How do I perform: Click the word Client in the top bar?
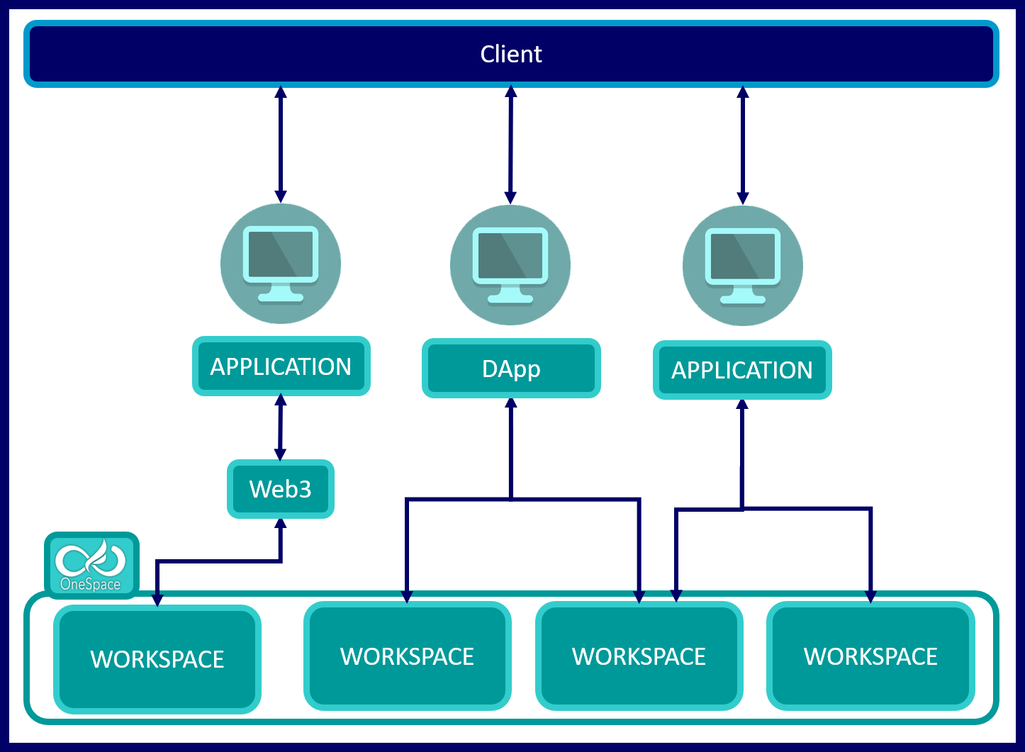pos(510,54)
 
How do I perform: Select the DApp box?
pos(511,369)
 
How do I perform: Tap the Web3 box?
pos(281,489)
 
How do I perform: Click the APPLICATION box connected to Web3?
pos(281,366)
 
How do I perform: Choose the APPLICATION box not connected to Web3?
pos(742,370)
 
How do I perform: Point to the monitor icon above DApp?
pos(510,265)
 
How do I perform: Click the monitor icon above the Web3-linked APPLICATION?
pos(281,264)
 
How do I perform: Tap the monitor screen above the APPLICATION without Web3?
pos(743,256)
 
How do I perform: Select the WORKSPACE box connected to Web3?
pos(157,659)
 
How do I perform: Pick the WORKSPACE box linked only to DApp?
pos(408,656)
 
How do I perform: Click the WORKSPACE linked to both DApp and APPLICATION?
pos(639,656)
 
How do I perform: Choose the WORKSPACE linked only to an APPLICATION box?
pos(870,656)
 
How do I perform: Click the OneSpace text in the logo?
pos(90,584)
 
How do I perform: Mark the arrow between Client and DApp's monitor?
pos(510,145)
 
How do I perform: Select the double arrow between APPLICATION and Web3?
pos(281,427)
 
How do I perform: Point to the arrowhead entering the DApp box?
pos(510,403)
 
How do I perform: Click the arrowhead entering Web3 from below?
pos(281,524)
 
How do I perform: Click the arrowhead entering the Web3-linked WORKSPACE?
pos(157,600)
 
